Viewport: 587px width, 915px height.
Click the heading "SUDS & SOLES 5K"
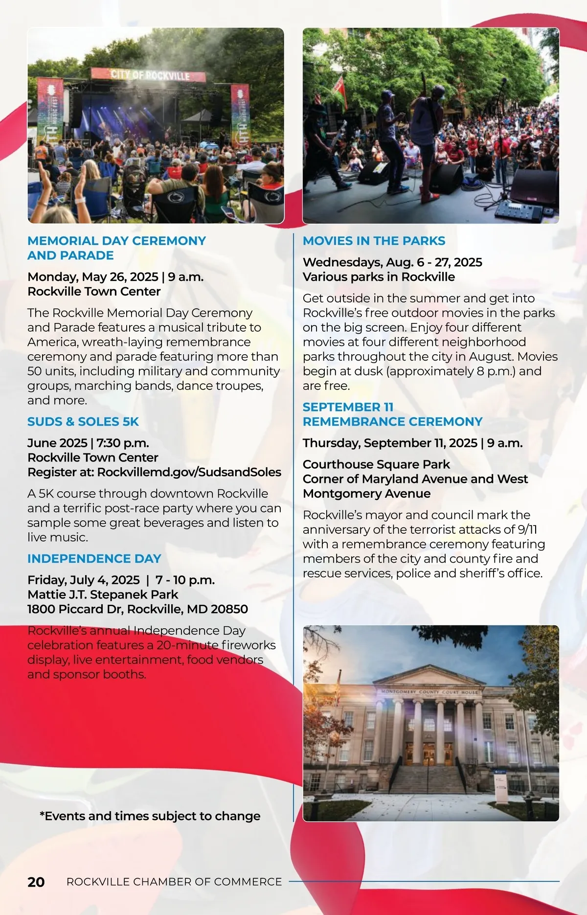pos(83,422)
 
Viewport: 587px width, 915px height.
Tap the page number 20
pos(36,882)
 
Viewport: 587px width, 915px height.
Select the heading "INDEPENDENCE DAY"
pos(94,559)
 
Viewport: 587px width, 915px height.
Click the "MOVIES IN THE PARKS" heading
pos(374,241)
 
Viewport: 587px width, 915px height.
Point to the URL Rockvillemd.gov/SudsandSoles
pos(189,472)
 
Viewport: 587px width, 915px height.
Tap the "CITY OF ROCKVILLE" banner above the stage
pos(149,75)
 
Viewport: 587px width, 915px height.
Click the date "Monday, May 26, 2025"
pos(93,277)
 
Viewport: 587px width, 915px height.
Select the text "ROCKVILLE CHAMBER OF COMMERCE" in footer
pos(174,882)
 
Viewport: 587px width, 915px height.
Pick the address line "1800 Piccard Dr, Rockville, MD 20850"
pos(137,609)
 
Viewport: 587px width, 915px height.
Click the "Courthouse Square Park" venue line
pos(376,464)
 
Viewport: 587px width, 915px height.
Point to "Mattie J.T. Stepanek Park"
pos(103,595)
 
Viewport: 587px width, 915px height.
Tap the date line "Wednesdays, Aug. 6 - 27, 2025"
pos(392,262)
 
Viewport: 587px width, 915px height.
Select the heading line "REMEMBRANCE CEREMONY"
pos(392,422)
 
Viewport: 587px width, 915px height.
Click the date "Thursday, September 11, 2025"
pos(390,443)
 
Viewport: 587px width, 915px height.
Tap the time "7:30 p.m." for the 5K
pos(123,443)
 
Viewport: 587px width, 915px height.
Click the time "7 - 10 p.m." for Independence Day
pos(185,580)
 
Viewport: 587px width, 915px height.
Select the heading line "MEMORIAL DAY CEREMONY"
pos(116,241)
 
